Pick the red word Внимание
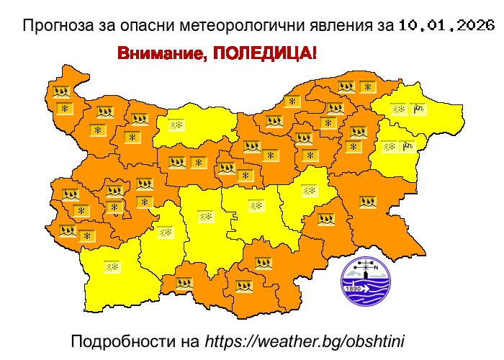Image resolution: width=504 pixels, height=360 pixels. tap(159, 54)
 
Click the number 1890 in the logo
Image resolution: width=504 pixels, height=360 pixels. tap(354, 289)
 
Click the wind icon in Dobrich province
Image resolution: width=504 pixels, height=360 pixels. tap(419, 109)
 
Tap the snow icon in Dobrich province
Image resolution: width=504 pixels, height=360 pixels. tap(398, 109)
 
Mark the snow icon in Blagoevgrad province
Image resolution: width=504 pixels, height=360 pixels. tap(112, 266)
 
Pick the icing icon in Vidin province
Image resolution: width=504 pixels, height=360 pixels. tap(60, 91)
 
